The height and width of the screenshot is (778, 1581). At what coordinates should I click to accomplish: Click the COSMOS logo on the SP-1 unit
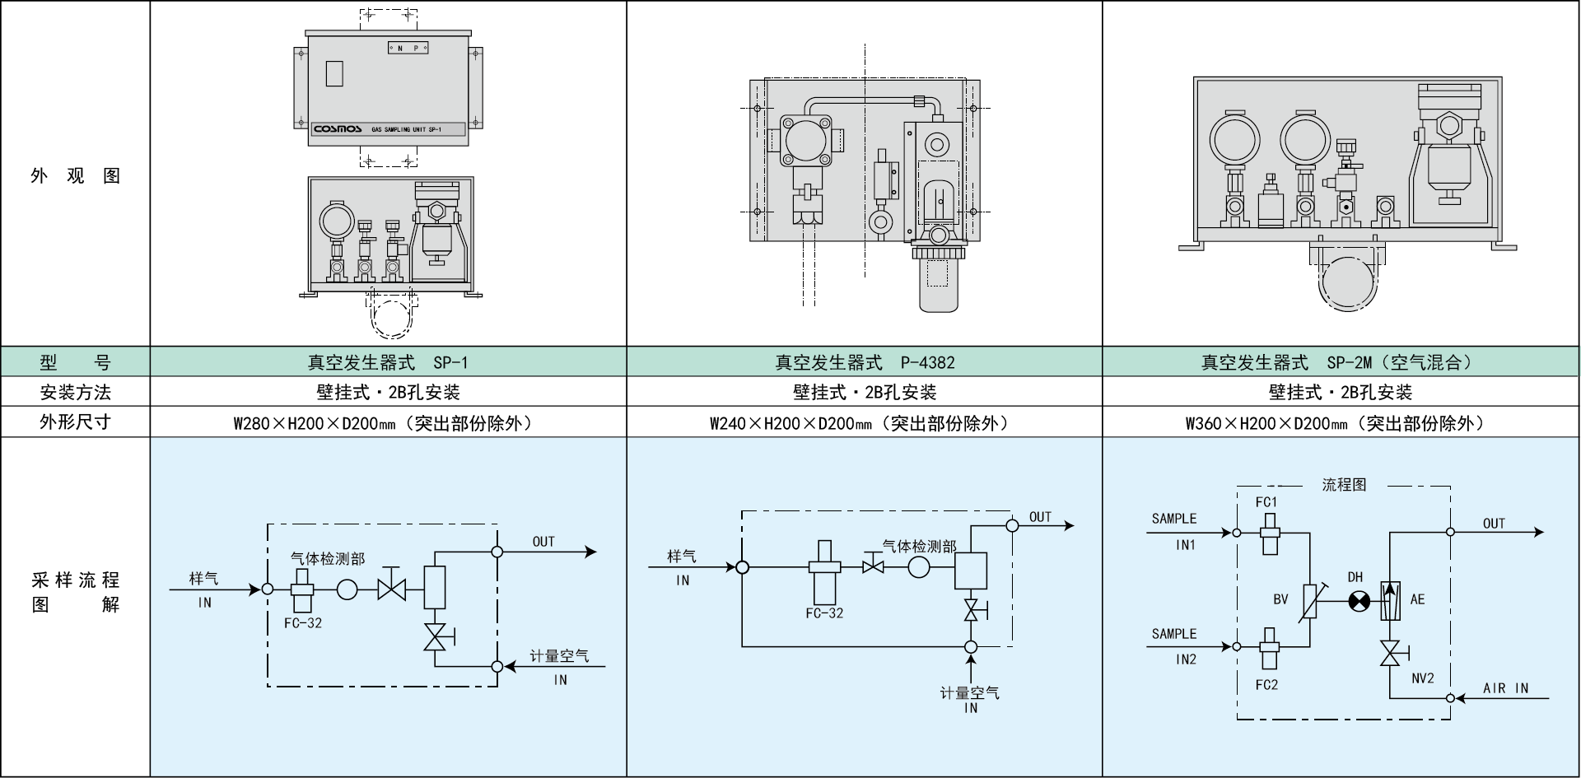click(x=338, y=129)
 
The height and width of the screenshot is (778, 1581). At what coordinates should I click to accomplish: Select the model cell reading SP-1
click(x=388, y=362)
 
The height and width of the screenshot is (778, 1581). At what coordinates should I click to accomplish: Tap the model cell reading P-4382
click(x=865, y=362)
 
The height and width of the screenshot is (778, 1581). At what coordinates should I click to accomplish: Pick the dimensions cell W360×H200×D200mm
click(x=1341, y=422)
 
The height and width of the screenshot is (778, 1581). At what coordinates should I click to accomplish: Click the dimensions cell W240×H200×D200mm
click(x=865, y=422)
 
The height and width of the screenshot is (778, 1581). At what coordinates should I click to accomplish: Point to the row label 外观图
click(x=75, y=175)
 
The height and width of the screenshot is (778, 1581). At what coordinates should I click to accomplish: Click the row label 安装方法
click(x=75, y=392)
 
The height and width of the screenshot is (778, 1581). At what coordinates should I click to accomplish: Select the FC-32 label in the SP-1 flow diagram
click(x=303, y=623)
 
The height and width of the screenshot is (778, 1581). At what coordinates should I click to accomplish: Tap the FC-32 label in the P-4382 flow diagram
click(x=824, y=613)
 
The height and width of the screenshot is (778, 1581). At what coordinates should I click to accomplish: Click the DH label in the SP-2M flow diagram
click(x=1355, y=578)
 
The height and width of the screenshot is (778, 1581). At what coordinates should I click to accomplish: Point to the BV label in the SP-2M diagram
click(x=1280, y=599)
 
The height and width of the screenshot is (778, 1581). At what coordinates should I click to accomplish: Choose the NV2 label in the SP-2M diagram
click(x=1422, y=678)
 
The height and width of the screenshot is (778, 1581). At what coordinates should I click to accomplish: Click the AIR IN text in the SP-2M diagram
click(x=1505, y=688)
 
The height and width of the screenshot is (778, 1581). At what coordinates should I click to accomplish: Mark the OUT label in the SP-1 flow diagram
click(x=543, y=542)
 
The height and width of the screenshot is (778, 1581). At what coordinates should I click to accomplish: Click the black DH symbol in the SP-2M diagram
click(x=1359, y=602)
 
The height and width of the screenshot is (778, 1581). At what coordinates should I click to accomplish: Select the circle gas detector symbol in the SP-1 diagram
click(x=347, y=589)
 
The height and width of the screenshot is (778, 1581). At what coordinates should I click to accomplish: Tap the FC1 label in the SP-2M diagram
click(x=1266, y=502)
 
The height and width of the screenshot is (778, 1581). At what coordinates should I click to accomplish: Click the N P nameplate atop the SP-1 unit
click(x=408, y=49)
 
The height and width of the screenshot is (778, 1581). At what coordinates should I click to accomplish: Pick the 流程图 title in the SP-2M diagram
click(x=1344, y=486)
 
